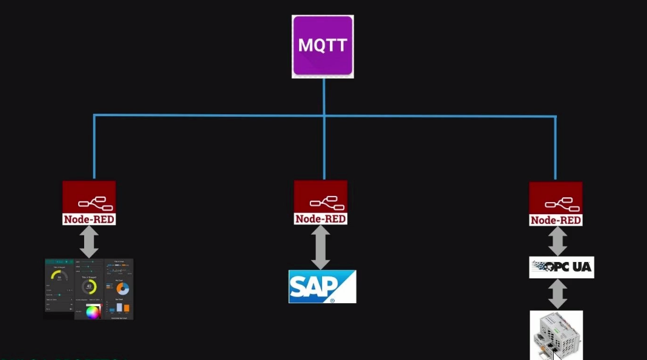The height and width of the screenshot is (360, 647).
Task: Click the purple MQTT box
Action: tap(323, 46)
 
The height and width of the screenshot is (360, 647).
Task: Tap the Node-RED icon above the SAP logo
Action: tap(320, 202)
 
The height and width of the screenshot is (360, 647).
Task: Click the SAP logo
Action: tap(322, 287)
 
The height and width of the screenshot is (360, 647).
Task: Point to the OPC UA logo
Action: tap(561, 267)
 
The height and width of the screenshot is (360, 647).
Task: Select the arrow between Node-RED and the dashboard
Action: tap(89, 241)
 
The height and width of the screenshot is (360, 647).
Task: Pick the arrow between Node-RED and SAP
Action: tap(320, 247)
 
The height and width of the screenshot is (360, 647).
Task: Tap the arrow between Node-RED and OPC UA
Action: tap(557, 241)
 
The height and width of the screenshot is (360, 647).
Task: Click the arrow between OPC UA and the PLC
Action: tap(557, 294)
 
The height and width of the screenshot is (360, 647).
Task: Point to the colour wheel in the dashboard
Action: tap(93, 312)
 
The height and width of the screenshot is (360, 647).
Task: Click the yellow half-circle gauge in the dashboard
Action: tap(59, 276)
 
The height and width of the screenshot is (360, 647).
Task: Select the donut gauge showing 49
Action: tap(90, 286)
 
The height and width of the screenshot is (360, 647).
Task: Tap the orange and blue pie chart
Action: tap(122, 288)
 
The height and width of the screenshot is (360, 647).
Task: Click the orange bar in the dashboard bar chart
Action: tap(126, 307)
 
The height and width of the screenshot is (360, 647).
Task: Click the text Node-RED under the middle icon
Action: tap(320, 218)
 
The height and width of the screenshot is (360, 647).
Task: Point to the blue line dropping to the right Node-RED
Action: tap(555, 148)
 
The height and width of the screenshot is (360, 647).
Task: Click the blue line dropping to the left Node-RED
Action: tap(94, 148)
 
